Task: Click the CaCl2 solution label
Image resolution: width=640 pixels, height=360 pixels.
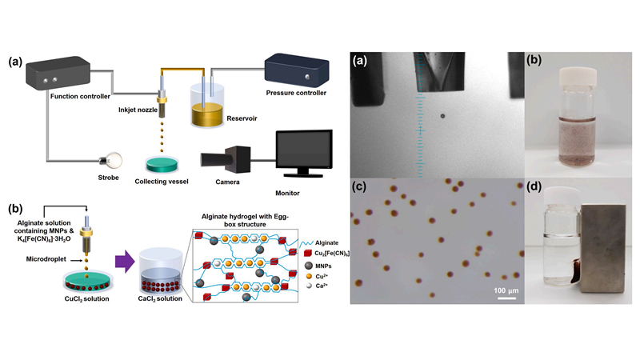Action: click(x=160, y=300)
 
